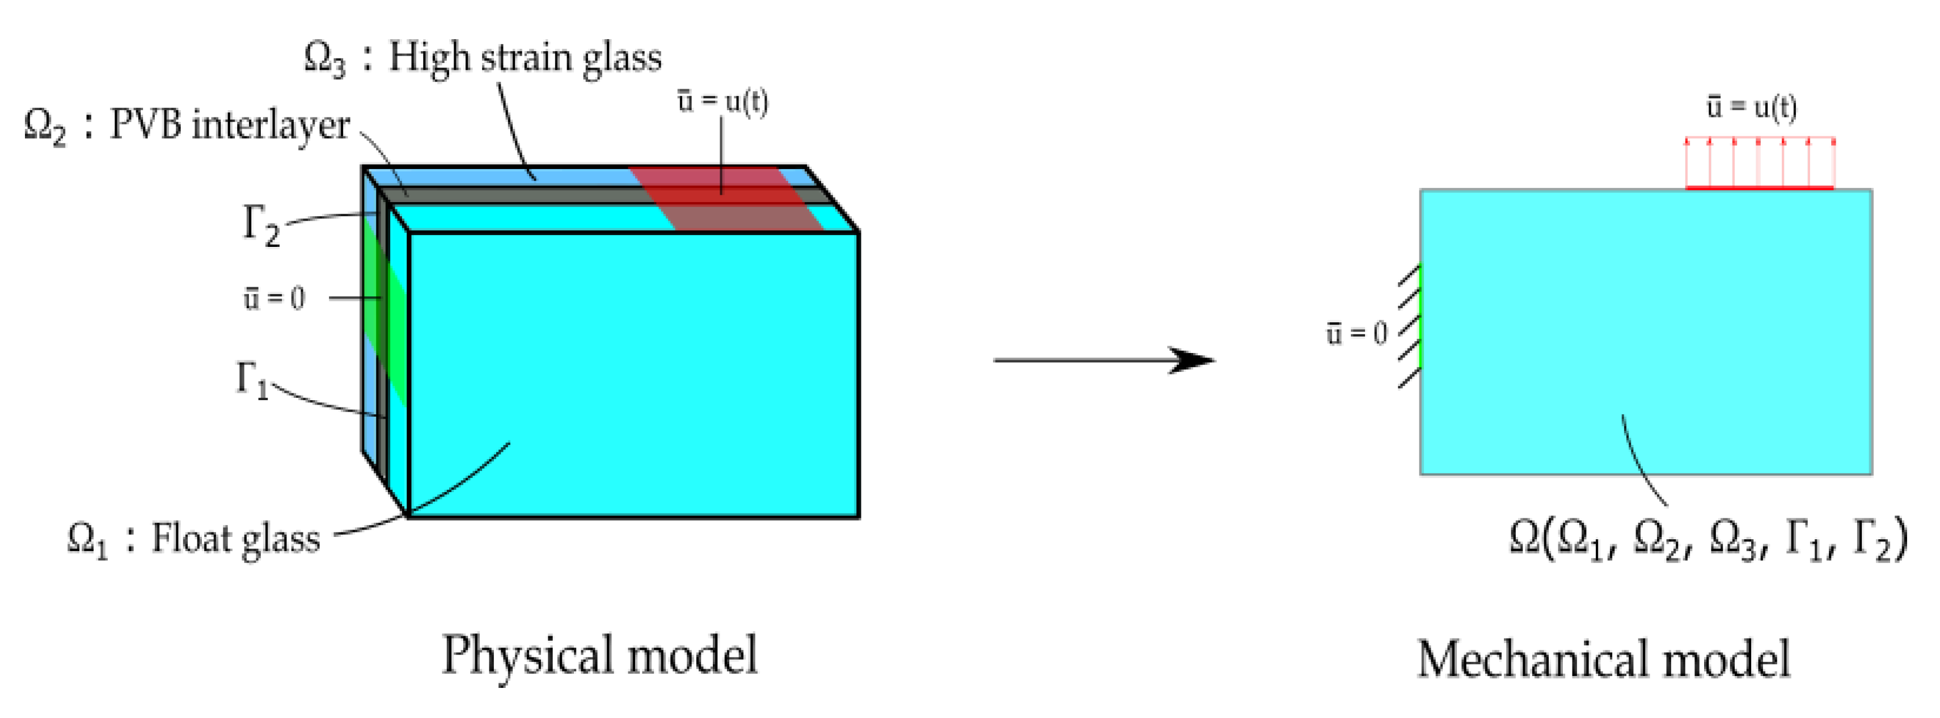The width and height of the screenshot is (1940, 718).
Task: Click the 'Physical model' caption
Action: [599, 656]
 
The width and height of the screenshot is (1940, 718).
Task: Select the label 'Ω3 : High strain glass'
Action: [482, 58]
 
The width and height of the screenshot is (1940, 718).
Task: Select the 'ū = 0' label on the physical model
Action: [273, 299]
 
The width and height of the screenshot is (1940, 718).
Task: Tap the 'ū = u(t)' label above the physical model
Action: [722, 101]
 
